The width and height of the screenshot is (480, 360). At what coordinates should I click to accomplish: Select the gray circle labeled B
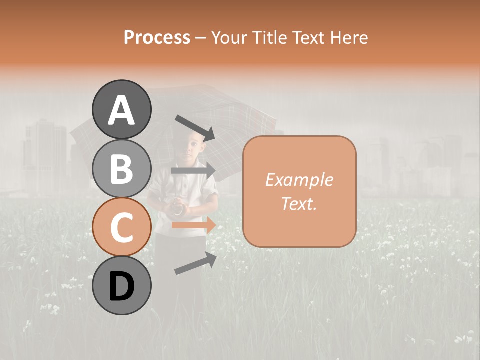click(x=122, y=168)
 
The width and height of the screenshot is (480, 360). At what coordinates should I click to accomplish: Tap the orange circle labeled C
click(x=122, y=227)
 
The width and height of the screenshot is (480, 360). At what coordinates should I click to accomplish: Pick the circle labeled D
click(x=122, y=286)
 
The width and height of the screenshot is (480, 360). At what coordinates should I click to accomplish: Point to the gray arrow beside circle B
click(x=193, y=171)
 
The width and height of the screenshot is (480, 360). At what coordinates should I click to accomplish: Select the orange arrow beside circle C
click(x=194, y=225)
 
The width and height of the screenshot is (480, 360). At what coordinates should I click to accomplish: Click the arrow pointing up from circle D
click(x=195, y=263)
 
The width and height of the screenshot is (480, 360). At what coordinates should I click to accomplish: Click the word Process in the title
click(x=157, y=37)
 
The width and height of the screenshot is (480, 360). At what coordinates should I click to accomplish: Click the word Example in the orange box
click(x=299, y=180)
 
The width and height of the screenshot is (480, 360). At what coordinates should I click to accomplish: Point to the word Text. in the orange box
click(x=299, y=203)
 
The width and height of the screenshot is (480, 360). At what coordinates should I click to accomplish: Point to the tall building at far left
click(x=45, y=155)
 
